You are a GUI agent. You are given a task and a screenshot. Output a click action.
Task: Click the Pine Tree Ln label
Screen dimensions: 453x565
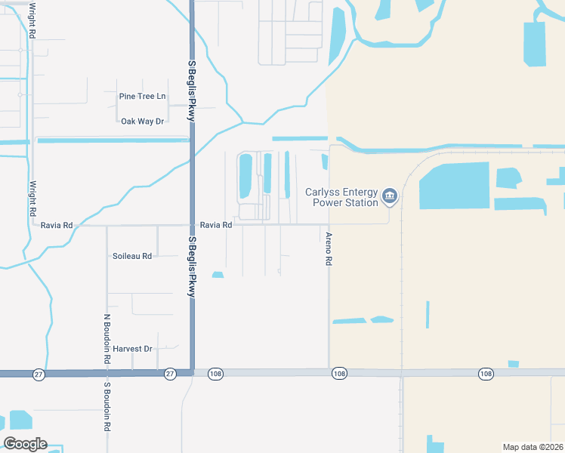pos(142,97)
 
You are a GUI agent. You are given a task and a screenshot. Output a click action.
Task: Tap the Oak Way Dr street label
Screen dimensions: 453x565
pos(142,121)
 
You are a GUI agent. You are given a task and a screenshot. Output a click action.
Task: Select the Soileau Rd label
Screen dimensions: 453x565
pos(132,256)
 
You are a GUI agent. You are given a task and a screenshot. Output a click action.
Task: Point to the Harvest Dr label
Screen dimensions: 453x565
pos(132,349)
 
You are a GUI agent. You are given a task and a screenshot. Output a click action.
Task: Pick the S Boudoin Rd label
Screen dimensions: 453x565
pos(107,406)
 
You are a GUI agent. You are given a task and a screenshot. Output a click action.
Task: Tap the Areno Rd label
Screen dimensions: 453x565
pos(329,248)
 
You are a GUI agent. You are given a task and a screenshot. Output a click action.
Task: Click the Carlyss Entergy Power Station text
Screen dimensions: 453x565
pos(341,197)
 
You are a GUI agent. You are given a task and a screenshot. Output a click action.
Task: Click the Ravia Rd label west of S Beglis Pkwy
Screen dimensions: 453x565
pos(57,225)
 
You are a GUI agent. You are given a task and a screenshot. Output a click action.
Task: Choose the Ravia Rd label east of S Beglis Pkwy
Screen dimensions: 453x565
pos(216,225)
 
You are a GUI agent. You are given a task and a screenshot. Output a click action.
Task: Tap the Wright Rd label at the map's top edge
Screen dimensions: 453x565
pos(32,20)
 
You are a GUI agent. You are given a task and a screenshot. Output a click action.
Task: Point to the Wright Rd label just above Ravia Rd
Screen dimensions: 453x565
pos(32,199)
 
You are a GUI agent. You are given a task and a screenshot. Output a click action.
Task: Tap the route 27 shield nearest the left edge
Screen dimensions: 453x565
pos(38,374)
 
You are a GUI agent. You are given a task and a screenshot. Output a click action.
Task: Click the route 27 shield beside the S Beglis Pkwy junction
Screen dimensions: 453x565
pos(169,374)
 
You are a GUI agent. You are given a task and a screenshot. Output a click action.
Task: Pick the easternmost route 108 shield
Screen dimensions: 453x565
pos(485,374)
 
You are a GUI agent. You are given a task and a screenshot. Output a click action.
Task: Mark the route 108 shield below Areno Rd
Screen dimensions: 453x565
pos(338,374)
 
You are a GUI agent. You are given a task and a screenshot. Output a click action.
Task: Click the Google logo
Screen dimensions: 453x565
pos(26,444)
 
